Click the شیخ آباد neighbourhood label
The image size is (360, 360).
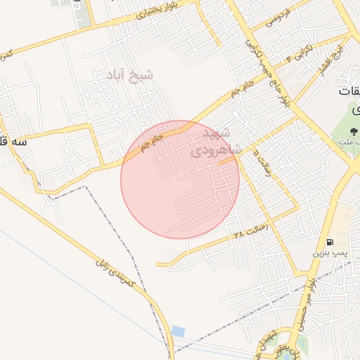129,74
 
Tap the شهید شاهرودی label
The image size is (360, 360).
217,141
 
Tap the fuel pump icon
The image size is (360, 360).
330,241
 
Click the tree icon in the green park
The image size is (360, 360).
354,131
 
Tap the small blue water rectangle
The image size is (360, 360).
178,330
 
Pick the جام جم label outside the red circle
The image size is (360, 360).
238,96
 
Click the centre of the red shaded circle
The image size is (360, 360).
180,179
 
